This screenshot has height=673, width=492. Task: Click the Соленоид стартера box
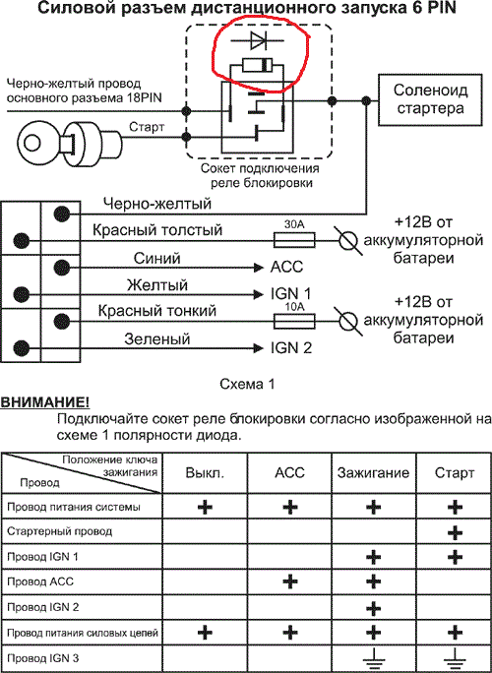point(430,99)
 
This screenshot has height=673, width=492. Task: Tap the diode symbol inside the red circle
point(257,40)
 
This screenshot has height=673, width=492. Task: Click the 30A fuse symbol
point(294,239)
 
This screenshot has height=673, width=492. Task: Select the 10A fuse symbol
point(294,320)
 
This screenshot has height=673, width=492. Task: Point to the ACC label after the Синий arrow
point(286,267)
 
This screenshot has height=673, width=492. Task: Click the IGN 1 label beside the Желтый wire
point(291,294)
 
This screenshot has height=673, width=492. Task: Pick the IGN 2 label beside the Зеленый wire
point(291,348)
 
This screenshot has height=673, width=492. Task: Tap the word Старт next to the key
point(146,127)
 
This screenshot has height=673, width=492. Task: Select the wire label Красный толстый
point(157,230)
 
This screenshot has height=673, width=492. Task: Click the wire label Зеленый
point(157,339)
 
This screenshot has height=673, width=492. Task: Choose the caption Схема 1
point(246,384)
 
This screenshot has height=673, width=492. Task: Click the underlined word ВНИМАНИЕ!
point(44,403)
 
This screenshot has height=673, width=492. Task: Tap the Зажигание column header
point(373,473)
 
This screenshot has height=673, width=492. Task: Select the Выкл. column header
point(205,473)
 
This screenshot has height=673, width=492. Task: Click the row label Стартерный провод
point(60,531)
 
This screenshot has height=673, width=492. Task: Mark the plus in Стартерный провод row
point(455,532)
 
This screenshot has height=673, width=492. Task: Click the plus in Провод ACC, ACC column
point(290,581)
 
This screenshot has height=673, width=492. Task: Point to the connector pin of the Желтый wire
point(21,294)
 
